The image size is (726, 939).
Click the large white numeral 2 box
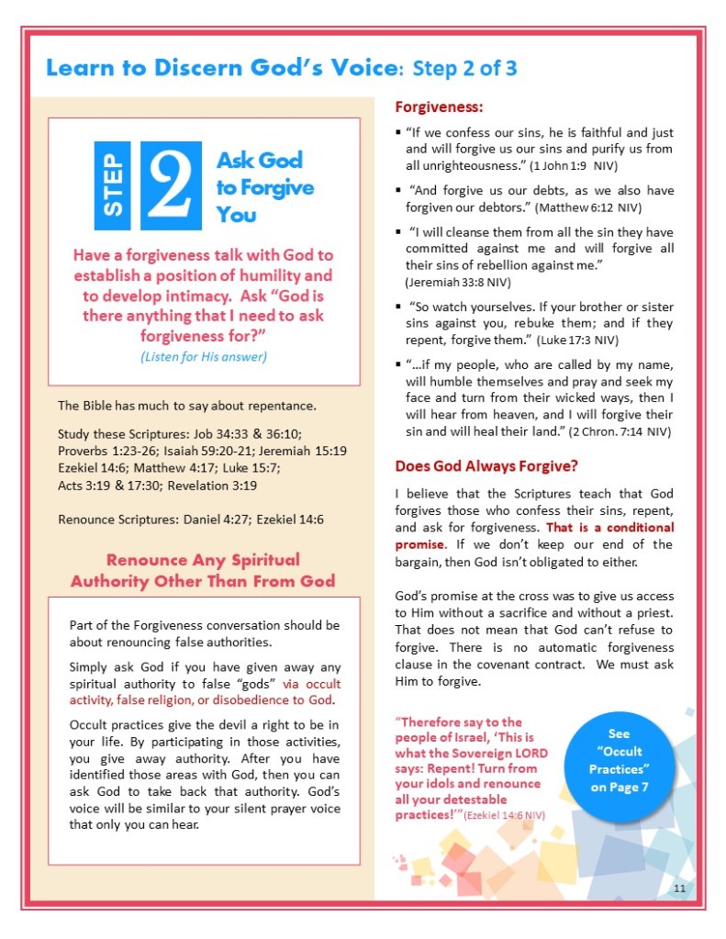click(172, 185)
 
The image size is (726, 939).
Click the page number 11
click(679, 889)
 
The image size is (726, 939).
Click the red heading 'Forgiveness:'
click(431, 107)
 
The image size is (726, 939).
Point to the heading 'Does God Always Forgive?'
click(486, 465)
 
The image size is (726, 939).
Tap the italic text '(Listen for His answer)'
click(204, 357)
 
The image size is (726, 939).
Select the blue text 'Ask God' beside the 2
click(259, 161)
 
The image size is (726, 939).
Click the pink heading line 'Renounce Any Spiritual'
click(203, 559)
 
